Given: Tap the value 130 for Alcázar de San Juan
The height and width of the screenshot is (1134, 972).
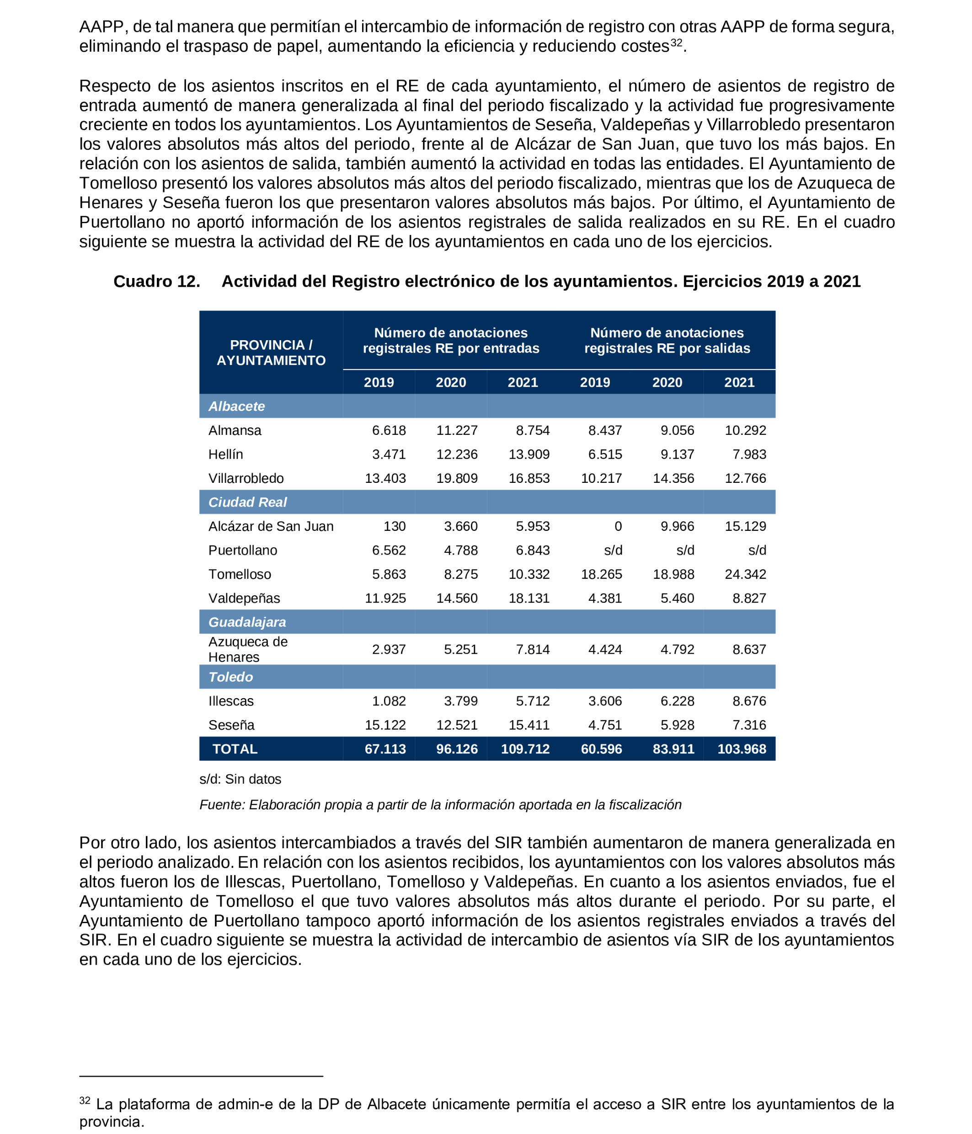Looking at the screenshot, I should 394,526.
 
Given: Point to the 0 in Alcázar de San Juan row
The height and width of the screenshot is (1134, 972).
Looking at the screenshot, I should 617,526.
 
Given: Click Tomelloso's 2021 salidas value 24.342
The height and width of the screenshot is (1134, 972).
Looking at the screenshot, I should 745,574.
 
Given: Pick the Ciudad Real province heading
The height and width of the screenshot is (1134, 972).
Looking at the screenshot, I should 247,502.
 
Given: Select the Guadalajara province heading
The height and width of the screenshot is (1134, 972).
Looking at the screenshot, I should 247,622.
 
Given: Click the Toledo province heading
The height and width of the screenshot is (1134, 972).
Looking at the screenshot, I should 230,677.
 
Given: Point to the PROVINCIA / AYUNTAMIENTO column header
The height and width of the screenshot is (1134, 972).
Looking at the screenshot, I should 271,353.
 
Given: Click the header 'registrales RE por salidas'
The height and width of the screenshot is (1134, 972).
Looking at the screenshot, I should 667,348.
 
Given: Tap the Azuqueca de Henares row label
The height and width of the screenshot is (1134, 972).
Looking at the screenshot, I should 247,649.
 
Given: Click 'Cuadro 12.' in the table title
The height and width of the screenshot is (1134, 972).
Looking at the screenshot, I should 156,281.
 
